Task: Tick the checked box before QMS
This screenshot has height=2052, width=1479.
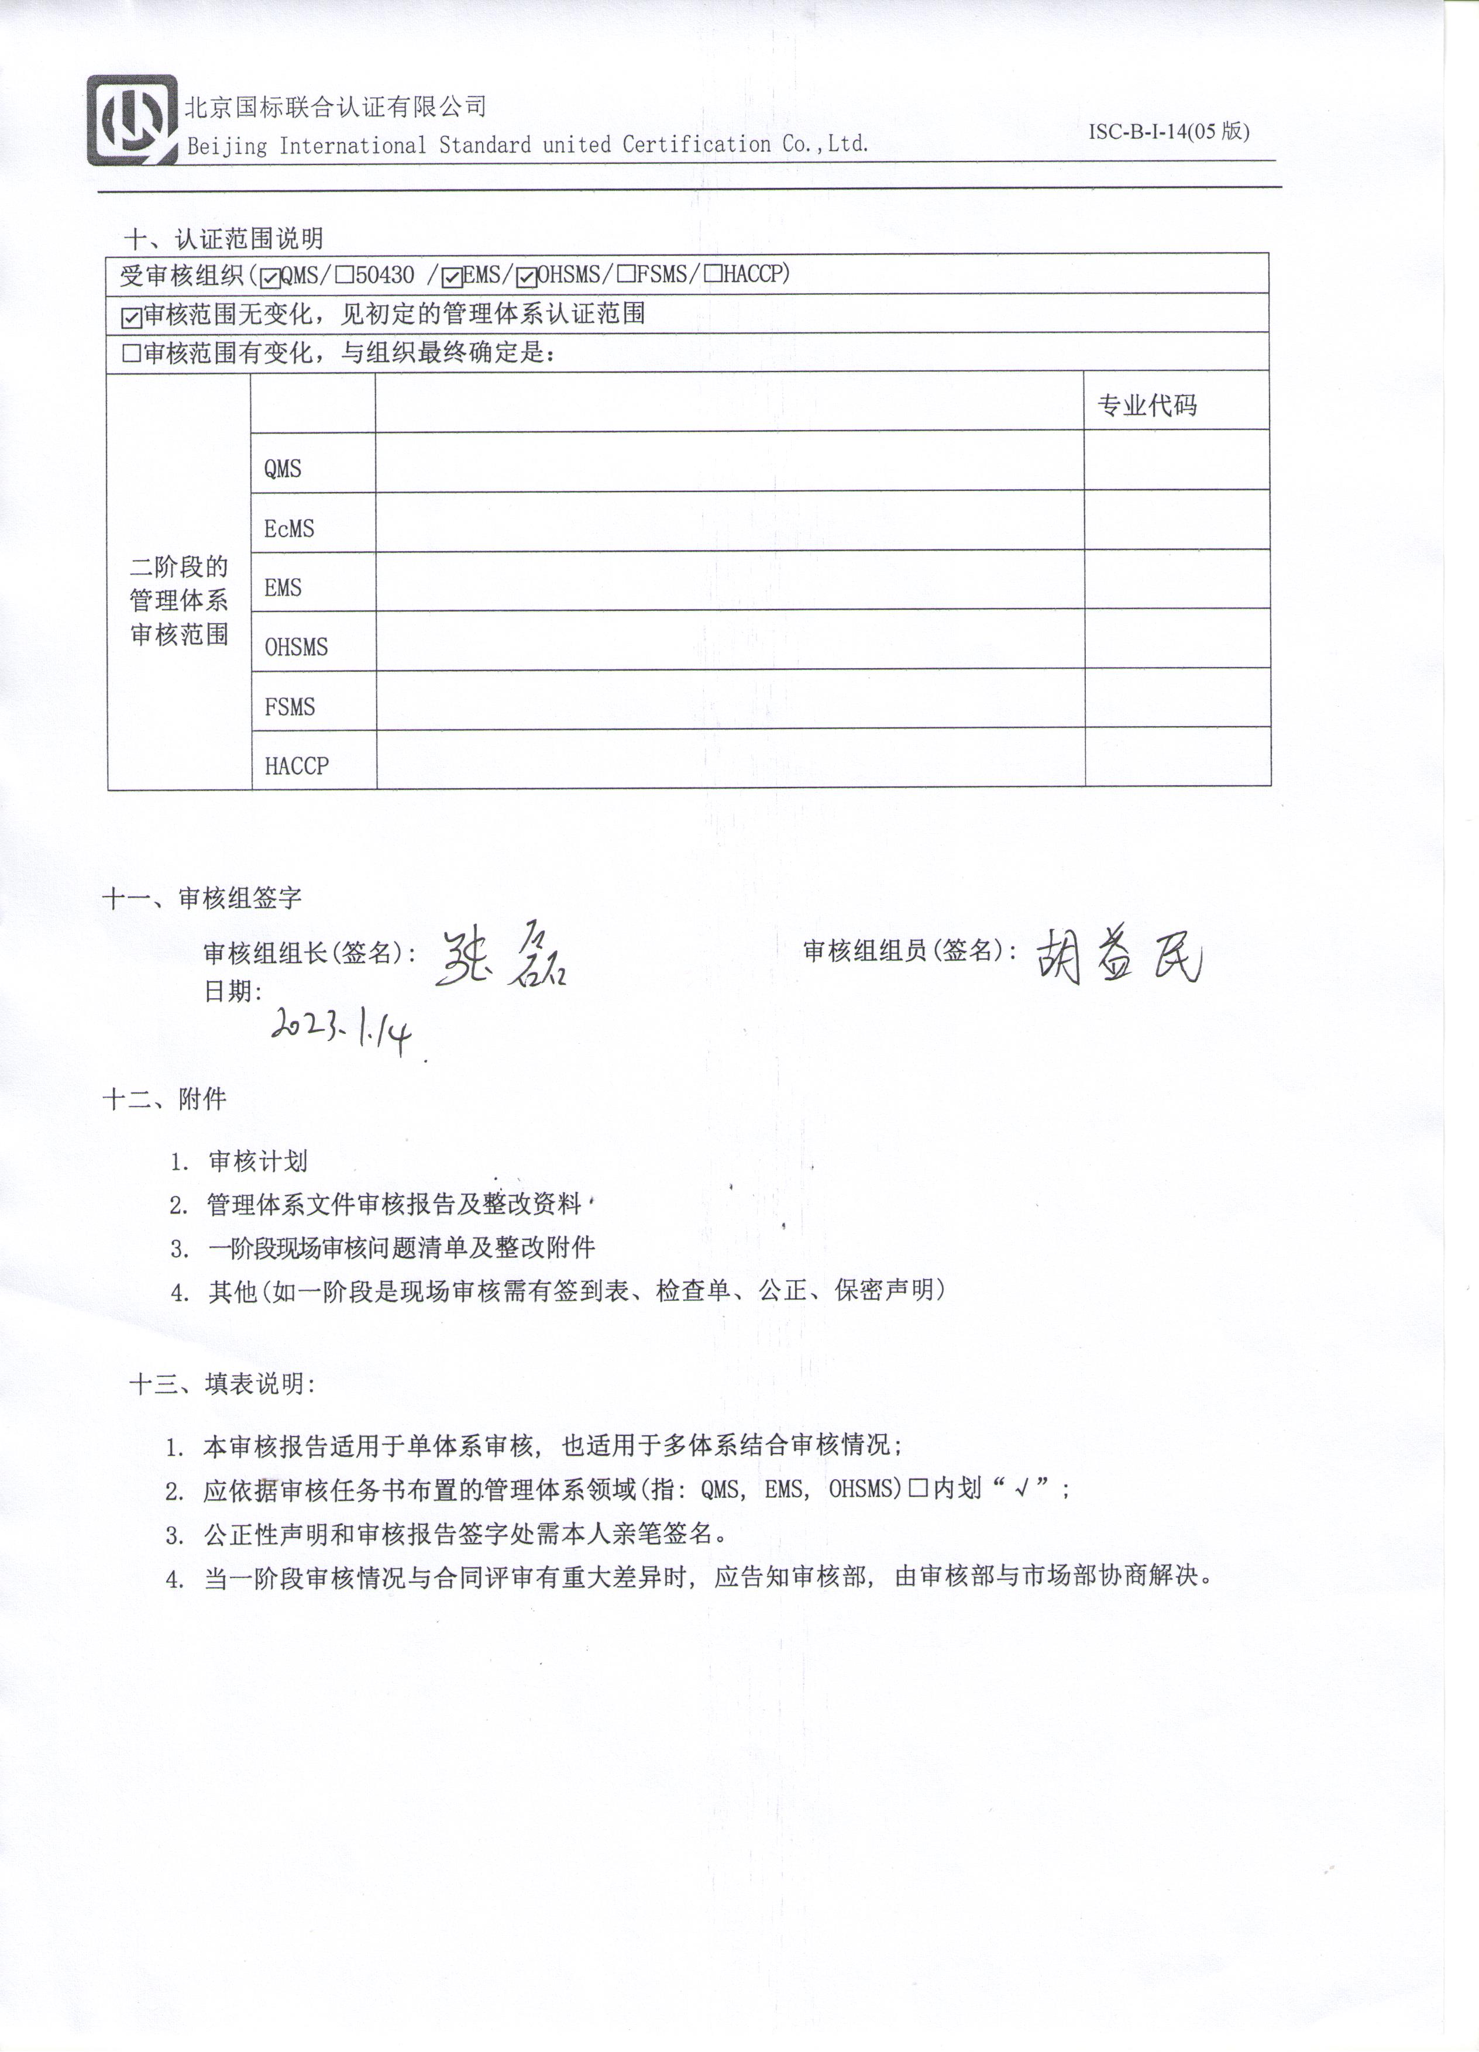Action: pos(270,277)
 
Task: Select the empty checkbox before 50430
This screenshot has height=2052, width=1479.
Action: pos(344,275)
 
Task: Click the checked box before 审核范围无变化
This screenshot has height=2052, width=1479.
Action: pos(131,317)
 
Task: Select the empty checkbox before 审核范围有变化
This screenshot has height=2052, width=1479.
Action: pos(131,354)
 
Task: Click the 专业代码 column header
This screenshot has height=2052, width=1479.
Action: pos(1147,405)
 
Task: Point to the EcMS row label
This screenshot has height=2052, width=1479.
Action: pos(290,528)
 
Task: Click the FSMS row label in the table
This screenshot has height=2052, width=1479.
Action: pos(290,707)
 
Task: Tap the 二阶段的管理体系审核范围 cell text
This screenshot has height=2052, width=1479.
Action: pos(179,601)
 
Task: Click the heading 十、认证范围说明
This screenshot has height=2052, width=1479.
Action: pos(224,239)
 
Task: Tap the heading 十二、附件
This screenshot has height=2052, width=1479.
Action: pos(164,1099)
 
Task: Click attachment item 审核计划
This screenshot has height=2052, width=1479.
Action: pos(258,1161)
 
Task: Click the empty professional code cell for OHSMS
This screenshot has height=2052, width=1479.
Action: pos(1177,639)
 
